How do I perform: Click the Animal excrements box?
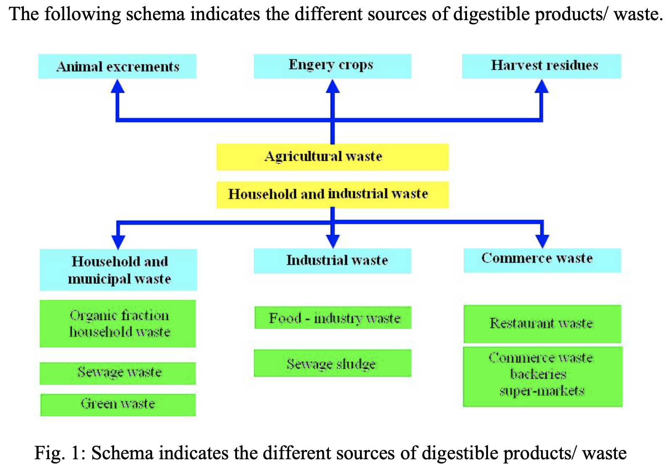pyautogui.click(x=117, y=66)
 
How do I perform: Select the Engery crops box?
pyautogui.click(x=332, y=66)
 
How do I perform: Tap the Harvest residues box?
pyautogui.click(x=541, y=66)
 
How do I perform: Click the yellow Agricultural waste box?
pyautogui.click(x=332, y=157)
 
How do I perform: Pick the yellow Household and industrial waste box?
pyautogui.click(x=332, y=194)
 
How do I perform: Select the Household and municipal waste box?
pyautogui.click(x=118, y=270)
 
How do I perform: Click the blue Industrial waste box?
pyautogui.click(x=332, y=261)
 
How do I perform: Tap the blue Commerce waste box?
pyautogui.click(x=542, y=260)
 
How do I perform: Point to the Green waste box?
pyautogui.click(x=118, y=405)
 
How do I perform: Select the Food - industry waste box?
pyautogui.click(x=333, y=318)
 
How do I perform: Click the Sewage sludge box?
pyautogui.click(x=332, y=363)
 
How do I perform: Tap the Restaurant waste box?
pyautogui.click(x=542, y=324)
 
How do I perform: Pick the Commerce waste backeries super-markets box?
pyautogui.click(x=543, y=376)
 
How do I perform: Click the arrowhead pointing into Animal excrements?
pyautogui.click(x=117, y=86)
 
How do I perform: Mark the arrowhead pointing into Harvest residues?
pyautogui.click(x=542, y=86)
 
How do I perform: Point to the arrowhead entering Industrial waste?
pyautogui.click(x=333, y=241)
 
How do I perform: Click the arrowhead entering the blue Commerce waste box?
pyautogui.click(x=543, y=241)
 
